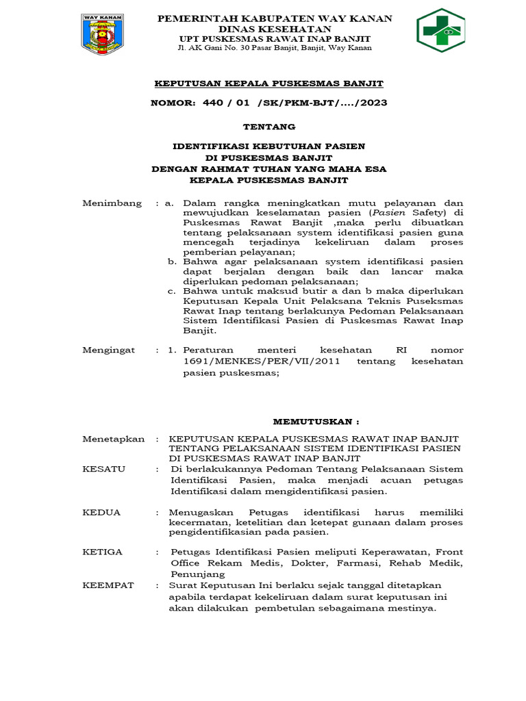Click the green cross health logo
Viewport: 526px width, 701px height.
click(440, 31)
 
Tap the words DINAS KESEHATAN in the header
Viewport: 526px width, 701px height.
click(275, 29)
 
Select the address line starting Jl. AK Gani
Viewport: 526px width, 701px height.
click(275, 49)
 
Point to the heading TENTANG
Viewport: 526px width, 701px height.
click(270, 127)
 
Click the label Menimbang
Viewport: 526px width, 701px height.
click(112, 203)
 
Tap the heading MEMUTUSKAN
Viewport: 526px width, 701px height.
click(316, 422)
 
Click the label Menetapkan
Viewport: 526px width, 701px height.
click(114, 439)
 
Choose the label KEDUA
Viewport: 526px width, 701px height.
click(101, 512)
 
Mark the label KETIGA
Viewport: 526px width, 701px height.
click(103, 551)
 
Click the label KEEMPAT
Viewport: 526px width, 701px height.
click(109, 585)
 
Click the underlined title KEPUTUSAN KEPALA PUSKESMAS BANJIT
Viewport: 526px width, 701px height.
click(269, 84)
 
